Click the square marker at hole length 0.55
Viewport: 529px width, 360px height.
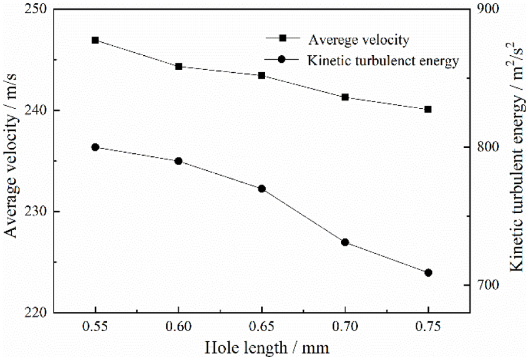click(x=95, y=40)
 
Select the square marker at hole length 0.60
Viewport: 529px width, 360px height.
click(x=179, y=66)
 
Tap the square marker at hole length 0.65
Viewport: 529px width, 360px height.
click(x=262, y=75)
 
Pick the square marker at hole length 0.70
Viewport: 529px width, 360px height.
click(x=345, y=97)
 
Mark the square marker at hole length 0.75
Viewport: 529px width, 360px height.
click(x=428, y=109)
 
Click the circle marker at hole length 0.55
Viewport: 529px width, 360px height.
click(x=95, y=147)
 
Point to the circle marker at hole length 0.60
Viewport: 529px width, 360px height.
click(x=179, y=161)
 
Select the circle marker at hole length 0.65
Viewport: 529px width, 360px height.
click(x=262, y=189)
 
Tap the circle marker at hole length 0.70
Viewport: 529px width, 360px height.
click(x=345, y=242)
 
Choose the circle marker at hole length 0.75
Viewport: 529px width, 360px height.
click(x=428, y=272)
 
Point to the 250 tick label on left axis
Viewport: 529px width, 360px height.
click(x=38, y=11)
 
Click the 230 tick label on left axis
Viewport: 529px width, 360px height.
click(x=38, y=211)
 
